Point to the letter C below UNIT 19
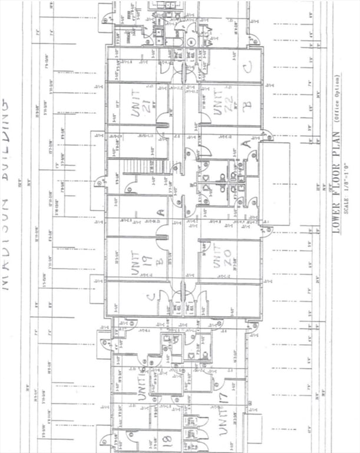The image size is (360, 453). (x=152, y=297)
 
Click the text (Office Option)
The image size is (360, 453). (x=337, y=99)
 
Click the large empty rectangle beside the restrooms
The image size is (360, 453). (x=275, y=183)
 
